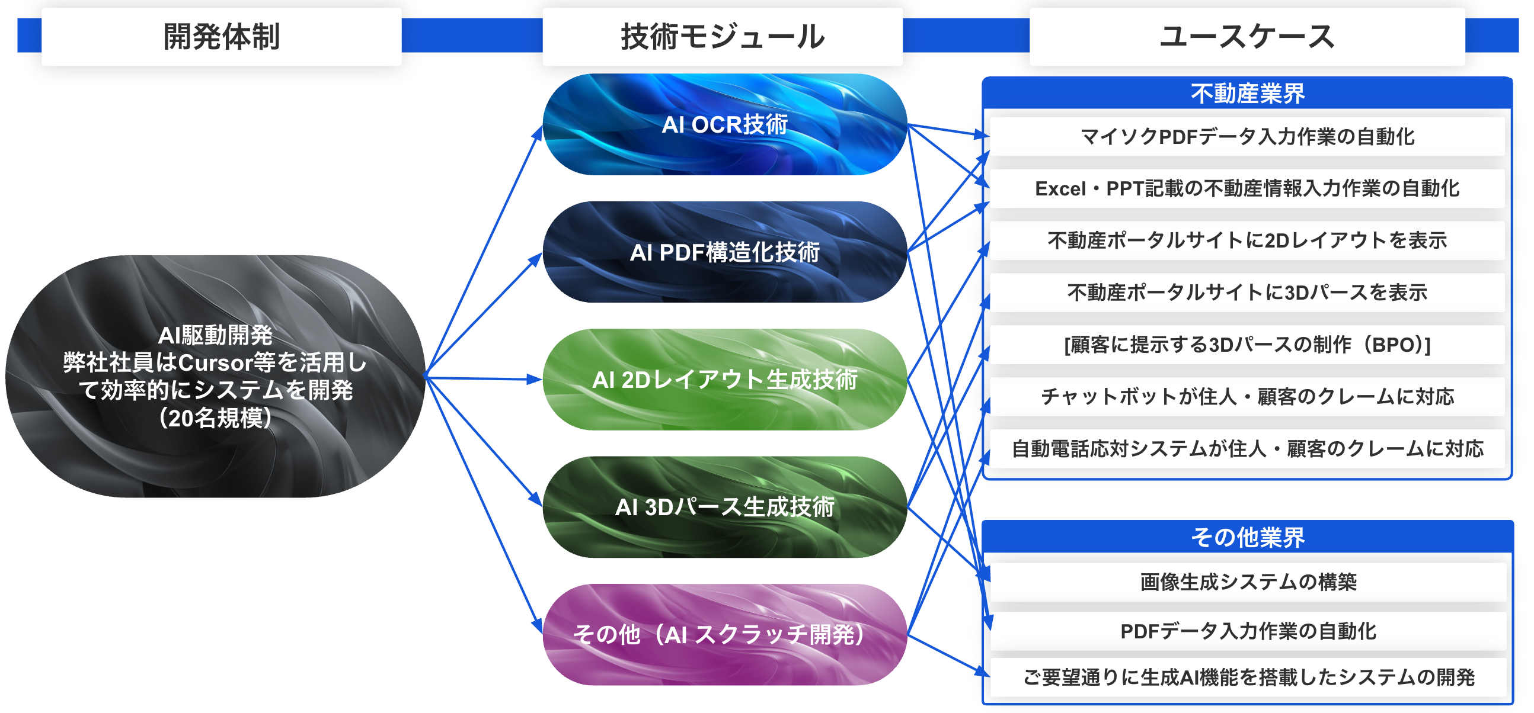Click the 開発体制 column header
[x=221, y=36]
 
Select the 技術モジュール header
[x=723, y=36]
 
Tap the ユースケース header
[x=1247, y=36]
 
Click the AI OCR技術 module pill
[x=724, y=124]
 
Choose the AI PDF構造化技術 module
[x=724, y=252]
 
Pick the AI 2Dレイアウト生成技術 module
[x=724, y=379]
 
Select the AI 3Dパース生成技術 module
[x=724, y=507]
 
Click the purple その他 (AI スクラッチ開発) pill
[x=724, y=634]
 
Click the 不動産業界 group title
[x=1247, y=94]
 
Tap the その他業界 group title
[x=1247, y=537]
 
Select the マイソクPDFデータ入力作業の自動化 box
[x=1247, y=136]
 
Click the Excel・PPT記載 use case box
[x=1247, y=189]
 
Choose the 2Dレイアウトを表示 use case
[x=1247, y=240]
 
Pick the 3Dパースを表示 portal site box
[x=1247, y=292]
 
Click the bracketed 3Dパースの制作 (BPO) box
[x=1247, y=345]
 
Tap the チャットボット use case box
[x=1247, y=396]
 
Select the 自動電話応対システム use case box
[x=1247, y=448]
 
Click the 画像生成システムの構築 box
[x=1247, y=582]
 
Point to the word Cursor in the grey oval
[x=215, y=362]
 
